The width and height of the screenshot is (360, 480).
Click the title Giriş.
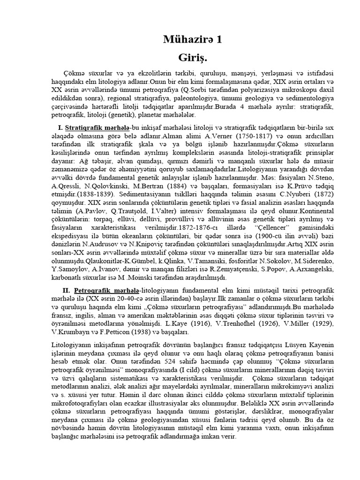tap(192, 58)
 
